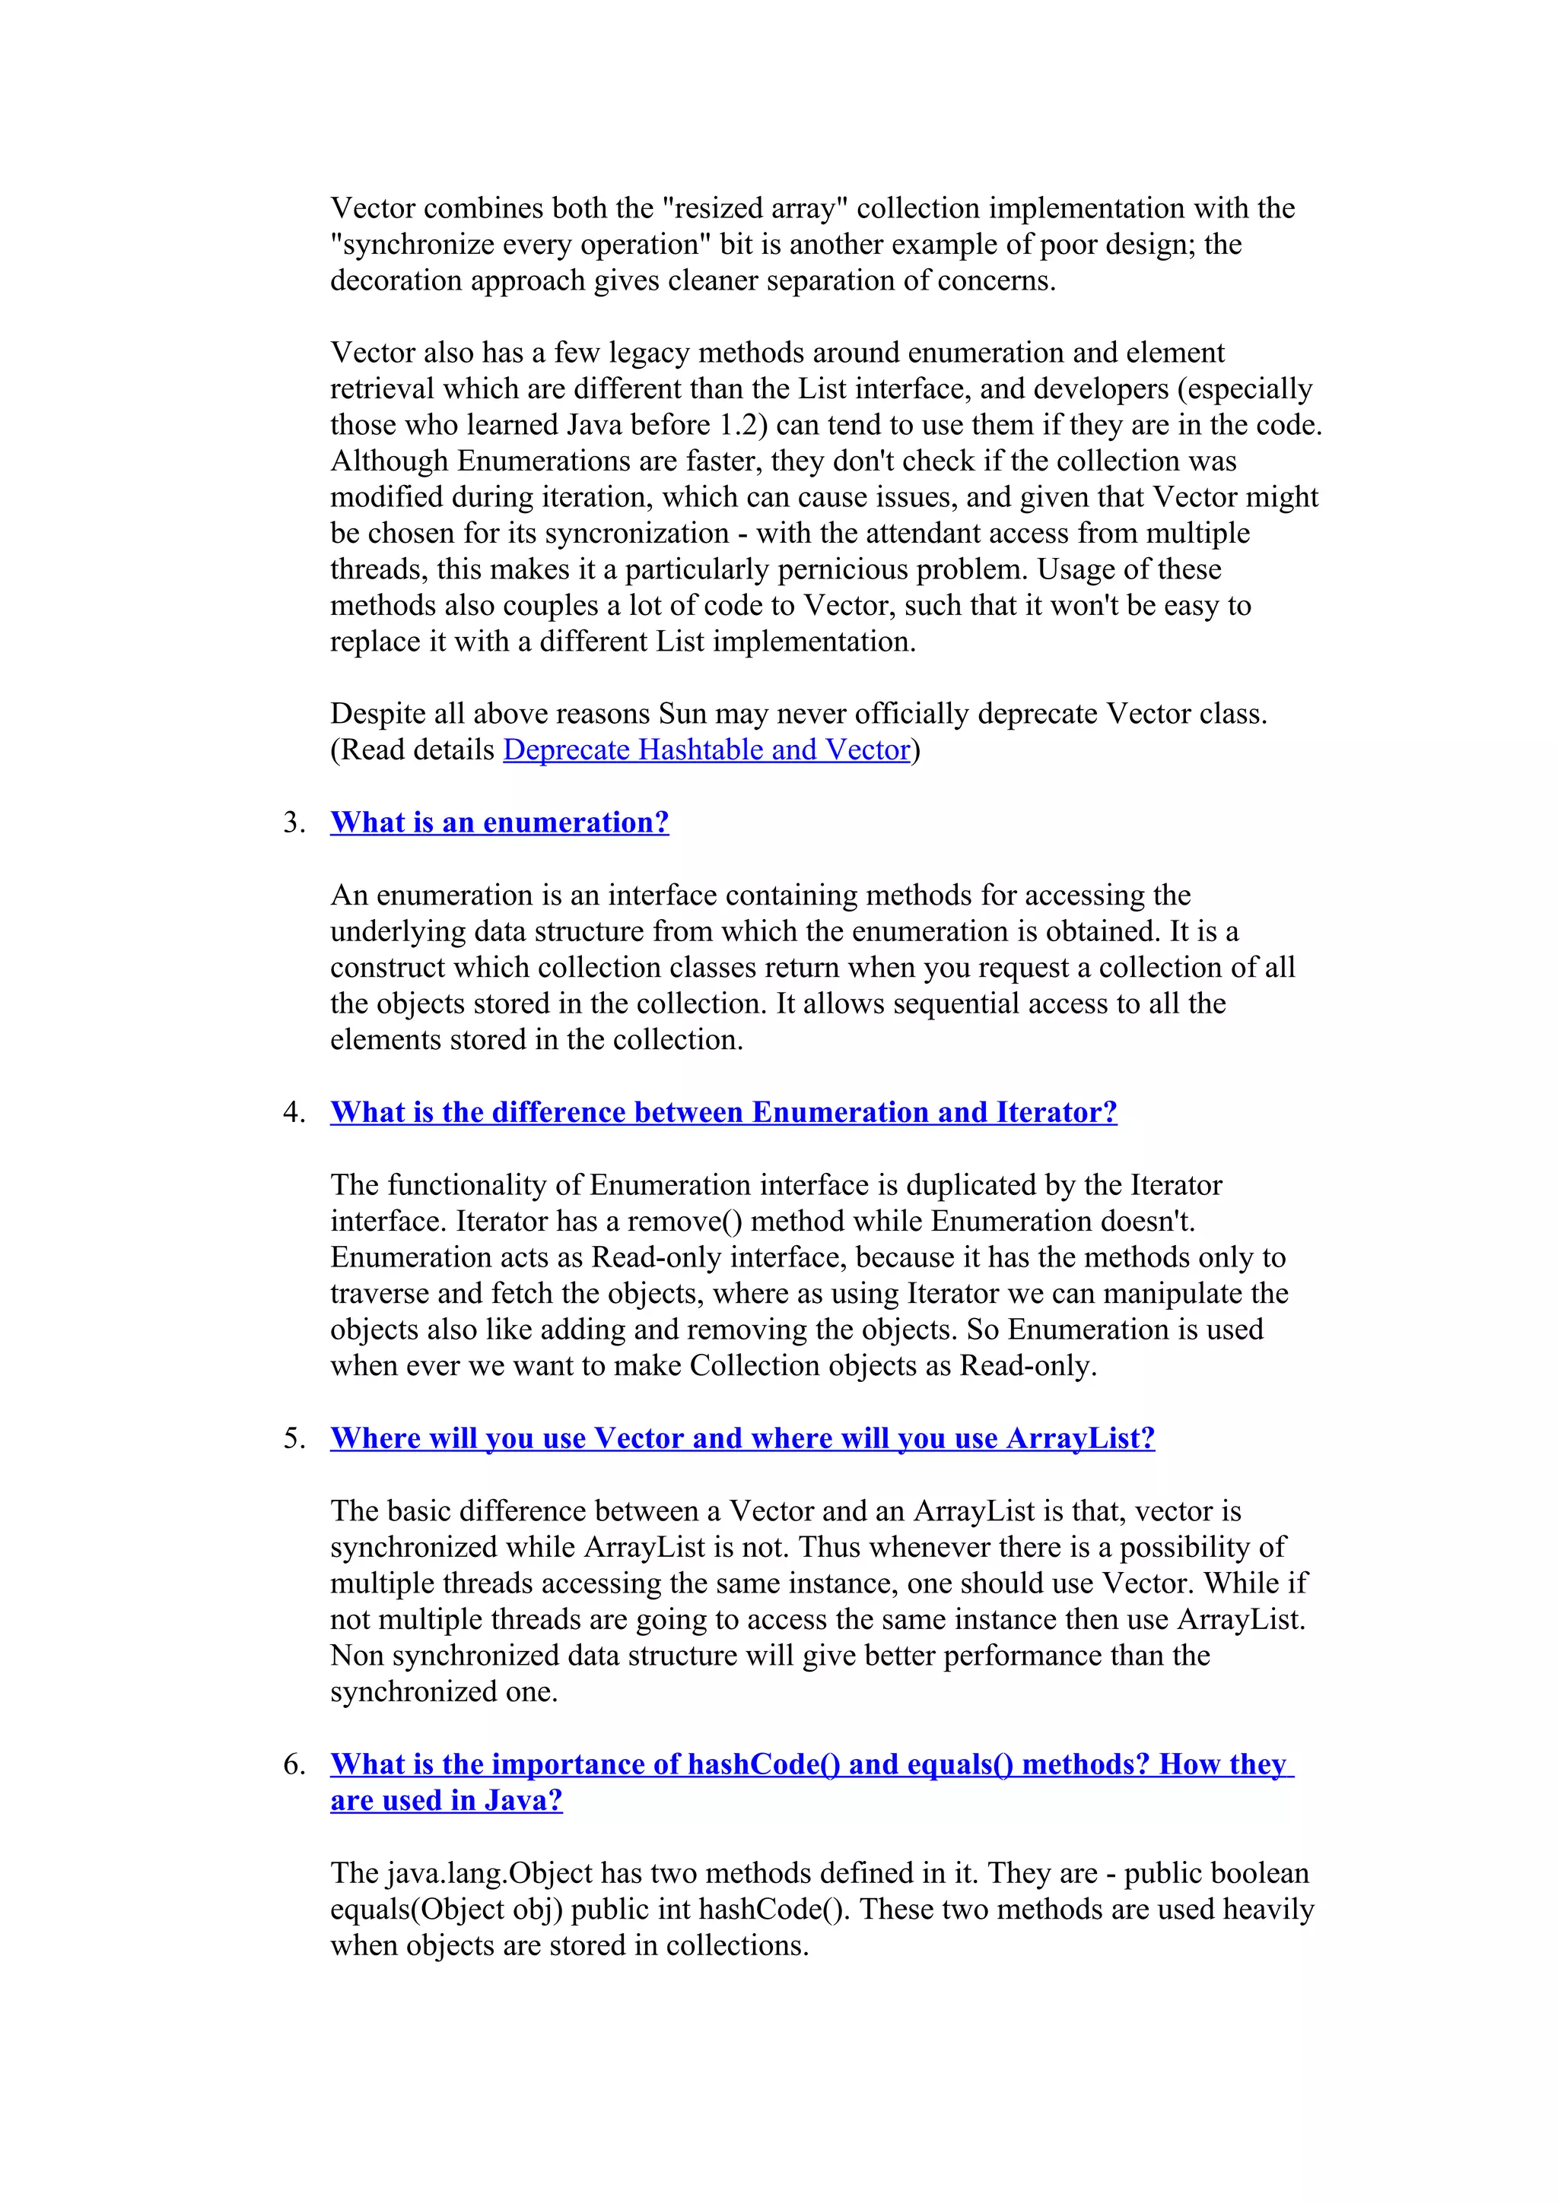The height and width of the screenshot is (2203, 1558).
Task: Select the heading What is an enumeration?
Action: pos(499,823)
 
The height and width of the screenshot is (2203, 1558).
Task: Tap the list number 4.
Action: pos(294,1112)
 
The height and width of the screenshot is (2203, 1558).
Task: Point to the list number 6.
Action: pos(294,1764)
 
